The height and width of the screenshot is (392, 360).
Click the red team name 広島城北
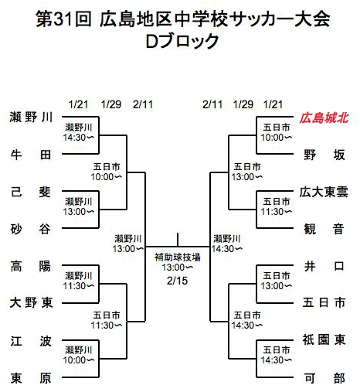click(324, 118)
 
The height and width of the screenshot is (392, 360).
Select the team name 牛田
click(31, 155)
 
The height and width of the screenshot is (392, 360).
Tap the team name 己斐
click(31, 193)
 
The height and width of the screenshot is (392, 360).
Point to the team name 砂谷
click(31, 229)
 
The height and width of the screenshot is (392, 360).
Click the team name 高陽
click(31, 266)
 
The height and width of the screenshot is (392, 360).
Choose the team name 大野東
click(31, 302)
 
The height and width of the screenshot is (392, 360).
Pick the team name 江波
click(31, 341)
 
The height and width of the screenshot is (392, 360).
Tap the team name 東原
click(31, 378)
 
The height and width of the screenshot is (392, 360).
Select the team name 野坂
click(324, 155)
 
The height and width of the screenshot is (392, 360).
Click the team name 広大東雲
click(324, 192)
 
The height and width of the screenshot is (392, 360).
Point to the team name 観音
click(324, 229)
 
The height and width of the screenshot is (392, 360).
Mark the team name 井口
click(324, 266)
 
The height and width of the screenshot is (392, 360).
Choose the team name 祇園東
click(324, 339)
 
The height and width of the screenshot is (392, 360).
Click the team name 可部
click(324, 378)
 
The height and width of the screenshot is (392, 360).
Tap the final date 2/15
click(177, 281)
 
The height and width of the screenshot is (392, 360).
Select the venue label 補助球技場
click(178, 257)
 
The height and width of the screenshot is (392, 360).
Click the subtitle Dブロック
click(182, 41)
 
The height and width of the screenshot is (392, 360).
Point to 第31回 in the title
click(64, 19)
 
